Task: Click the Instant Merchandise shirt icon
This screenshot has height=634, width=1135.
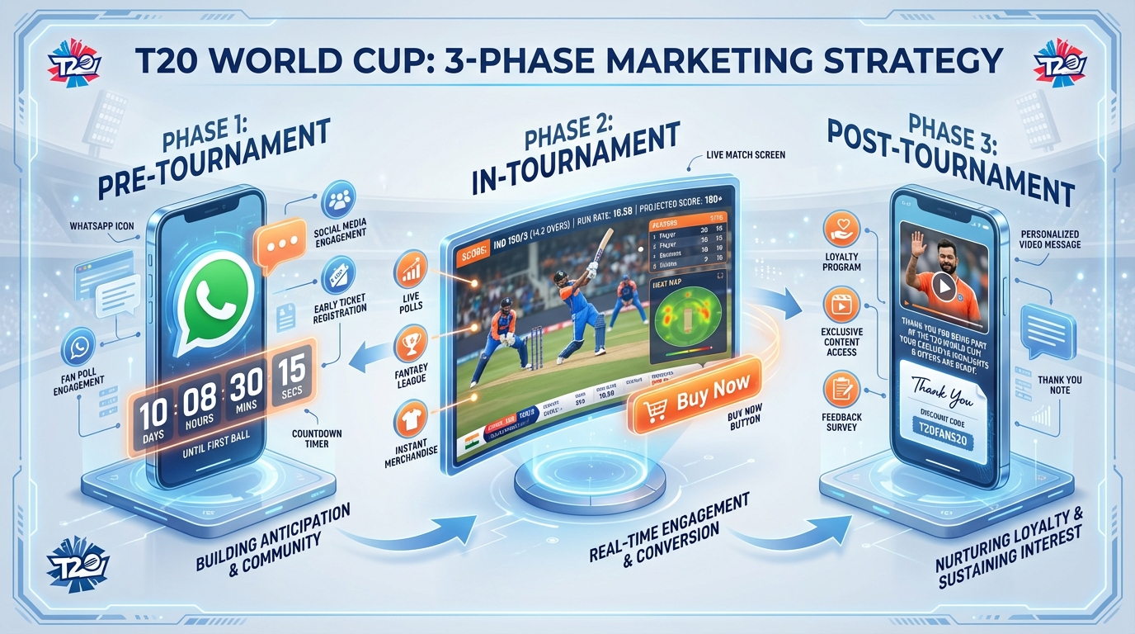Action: coord(411,417)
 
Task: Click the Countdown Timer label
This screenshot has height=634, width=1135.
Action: coord(317,438)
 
